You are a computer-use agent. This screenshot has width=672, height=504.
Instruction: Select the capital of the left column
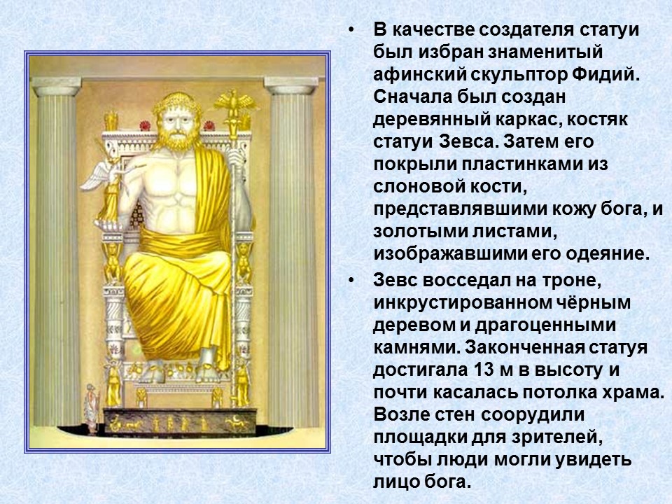(55, 87)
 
